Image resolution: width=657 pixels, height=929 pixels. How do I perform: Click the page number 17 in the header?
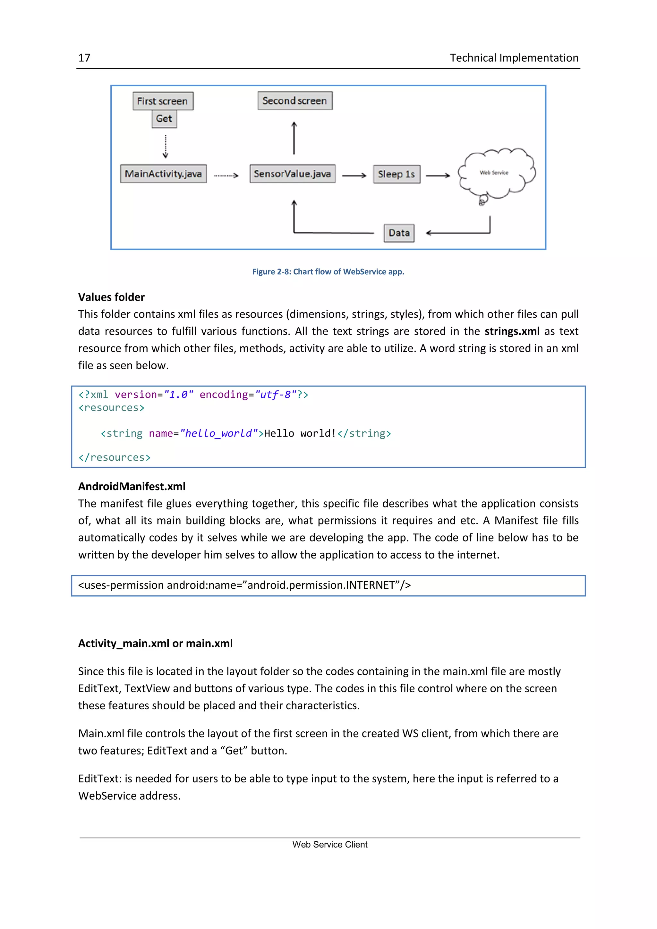click(84, 58)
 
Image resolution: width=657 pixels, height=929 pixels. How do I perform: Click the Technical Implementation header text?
click(514, 58)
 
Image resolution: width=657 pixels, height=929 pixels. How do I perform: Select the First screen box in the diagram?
click(163, 101)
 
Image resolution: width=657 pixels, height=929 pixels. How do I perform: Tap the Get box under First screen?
click(164, 119)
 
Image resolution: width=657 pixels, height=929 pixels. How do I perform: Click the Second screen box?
click(294, 101)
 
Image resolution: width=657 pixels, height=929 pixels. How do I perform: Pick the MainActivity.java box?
click(163, 174)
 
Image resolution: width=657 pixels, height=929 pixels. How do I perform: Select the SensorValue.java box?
click(292, 174)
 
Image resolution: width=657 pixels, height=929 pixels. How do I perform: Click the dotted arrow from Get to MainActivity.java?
click(166, 147)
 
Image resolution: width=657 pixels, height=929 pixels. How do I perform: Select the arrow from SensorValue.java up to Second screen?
click(294, 138)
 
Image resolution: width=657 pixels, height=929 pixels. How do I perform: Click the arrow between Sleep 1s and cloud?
click(438, 175)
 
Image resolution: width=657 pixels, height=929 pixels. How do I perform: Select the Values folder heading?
click(111, 297)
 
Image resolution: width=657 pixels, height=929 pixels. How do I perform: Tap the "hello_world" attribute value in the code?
click(219, 434)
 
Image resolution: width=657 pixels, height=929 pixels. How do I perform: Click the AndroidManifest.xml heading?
click(132, 486)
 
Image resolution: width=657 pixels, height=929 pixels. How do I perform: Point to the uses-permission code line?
click(244, 585)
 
